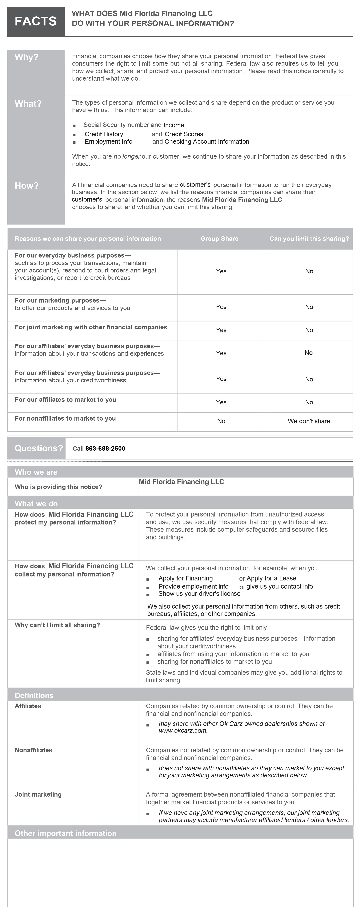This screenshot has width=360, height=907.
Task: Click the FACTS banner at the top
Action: (36, 21)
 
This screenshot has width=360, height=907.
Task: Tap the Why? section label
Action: (26, 57)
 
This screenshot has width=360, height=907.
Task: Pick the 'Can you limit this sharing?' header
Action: (309, 239)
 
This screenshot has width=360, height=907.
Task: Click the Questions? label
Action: (38, 448)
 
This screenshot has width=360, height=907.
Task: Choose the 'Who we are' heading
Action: (36, 472)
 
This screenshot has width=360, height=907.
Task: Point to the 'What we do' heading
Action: (36, 503)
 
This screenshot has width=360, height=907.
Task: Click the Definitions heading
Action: (34, 695)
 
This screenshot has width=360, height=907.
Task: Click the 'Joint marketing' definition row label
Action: (38, 794)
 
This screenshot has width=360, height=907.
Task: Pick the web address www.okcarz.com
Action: (183, 731)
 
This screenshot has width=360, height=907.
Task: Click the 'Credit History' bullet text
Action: (104, 134)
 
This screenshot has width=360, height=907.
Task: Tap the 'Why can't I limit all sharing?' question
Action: (57, 625)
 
